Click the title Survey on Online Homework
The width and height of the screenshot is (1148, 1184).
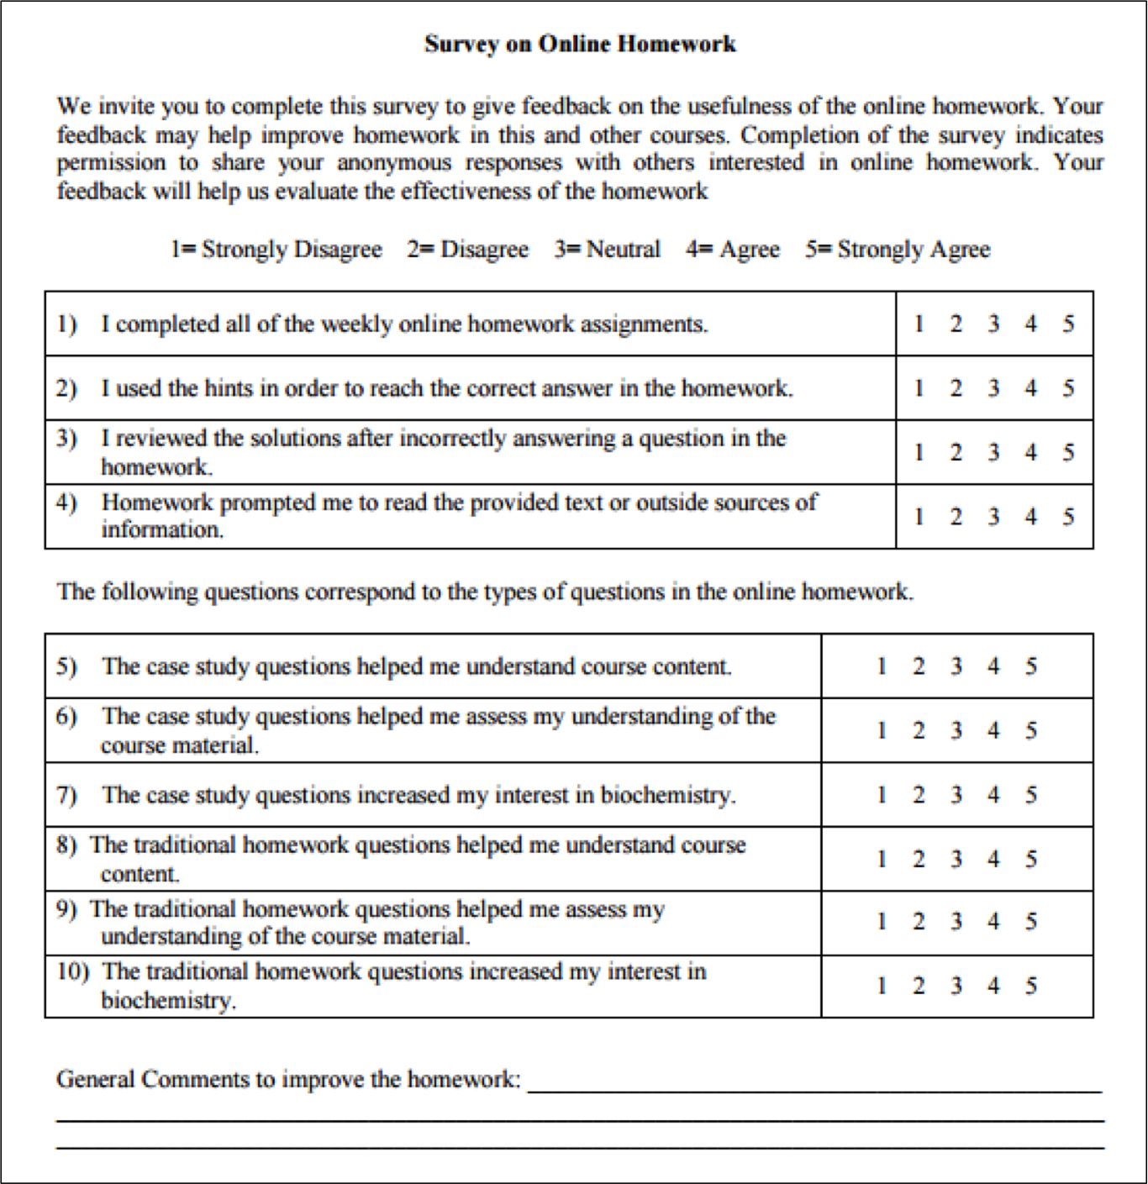(580, 44)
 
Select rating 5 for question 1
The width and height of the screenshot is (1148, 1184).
(1068, 324)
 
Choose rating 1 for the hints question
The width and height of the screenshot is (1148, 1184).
(919, 388)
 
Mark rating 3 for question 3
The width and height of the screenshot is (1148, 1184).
(993, 452)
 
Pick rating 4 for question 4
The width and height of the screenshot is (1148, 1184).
(1030, 517)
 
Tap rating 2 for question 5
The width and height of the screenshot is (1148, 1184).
(919, 666)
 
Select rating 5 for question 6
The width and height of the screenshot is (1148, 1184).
(1030, 730)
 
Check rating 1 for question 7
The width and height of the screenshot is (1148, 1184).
(882, 795)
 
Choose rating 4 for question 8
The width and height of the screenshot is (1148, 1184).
(993, 859)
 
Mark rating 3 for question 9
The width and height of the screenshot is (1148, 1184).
(956, 922)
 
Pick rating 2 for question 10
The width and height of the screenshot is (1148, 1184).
(919, 986)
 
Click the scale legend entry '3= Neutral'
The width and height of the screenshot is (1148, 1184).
(607, 249)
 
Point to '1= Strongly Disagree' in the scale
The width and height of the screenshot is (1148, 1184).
(276, 250)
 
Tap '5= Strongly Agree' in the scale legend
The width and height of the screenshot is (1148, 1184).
(898, 250)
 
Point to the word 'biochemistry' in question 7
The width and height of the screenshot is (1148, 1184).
(666, 796)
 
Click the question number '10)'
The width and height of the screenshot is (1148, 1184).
(72, 972)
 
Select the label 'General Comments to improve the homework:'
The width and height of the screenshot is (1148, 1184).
(288, 1079)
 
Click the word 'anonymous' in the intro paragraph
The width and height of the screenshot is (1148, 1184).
(394, 162)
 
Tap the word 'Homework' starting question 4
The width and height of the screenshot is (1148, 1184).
(157, 503)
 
